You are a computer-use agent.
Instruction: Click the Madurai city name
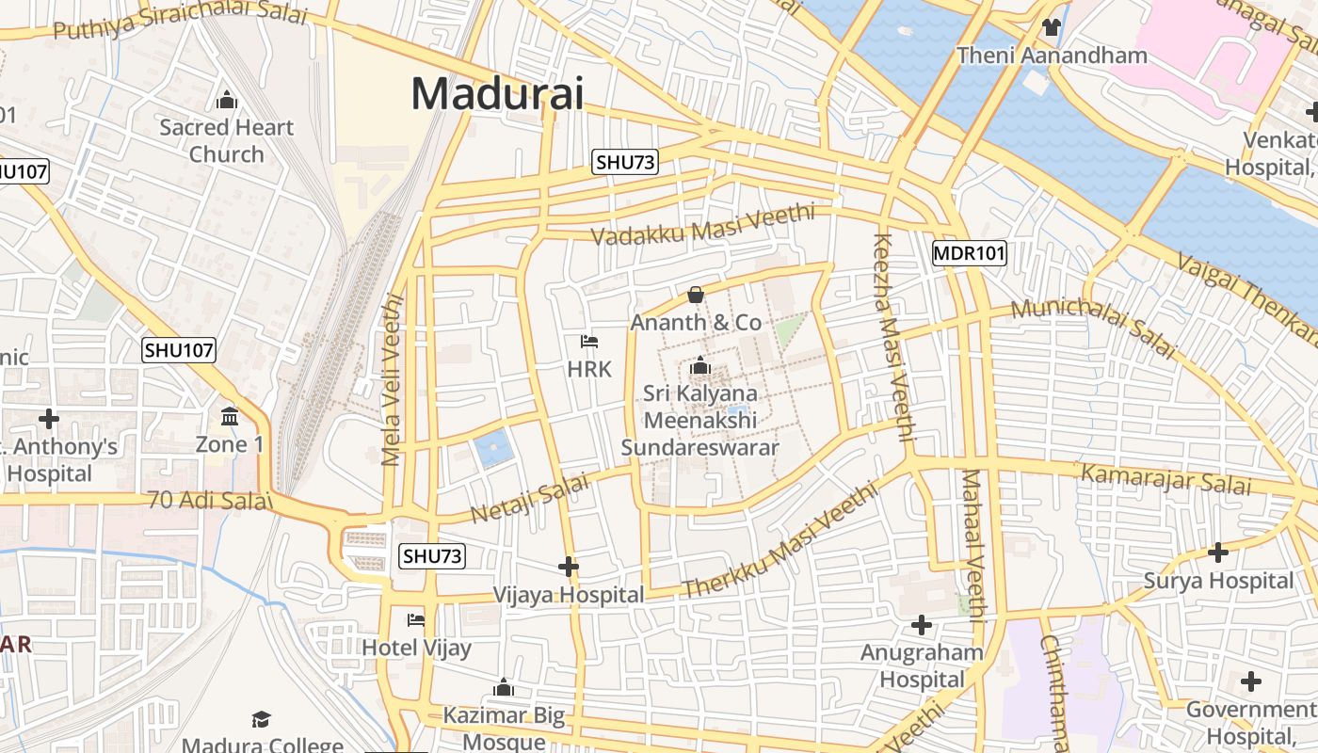pyautogui.click(x=497, y=94)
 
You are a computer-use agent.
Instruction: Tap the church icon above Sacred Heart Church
pyautogui.click(x=226, y=100)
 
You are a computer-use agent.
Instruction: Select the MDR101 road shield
pyautogui.click(x=970, y=252)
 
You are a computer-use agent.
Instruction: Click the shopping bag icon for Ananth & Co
pyautogui.click(x=696, y=296)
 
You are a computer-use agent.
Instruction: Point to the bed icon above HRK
pyautogui.click(x=589, y=341)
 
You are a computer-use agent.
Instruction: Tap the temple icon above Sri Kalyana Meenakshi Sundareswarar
pyautogui.click(x=700, y=366)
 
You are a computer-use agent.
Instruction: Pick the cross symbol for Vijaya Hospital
pyautogui.click(x=569, y=567)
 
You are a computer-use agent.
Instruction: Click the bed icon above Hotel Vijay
pyautogui.click(x=416, y=619)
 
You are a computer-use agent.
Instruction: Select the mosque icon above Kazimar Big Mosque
pyautogui.click(x=504, y=688)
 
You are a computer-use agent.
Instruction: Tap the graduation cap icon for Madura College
pyautogui.click(x=262, y=720)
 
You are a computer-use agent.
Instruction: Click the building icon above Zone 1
pyautogui.click(x=230, y=416)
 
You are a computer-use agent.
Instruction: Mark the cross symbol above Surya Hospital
pyautogui.click(x=1218, y=553)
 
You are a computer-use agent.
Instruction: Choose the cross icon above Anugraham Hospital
pyautogui.click(x=922, y=625)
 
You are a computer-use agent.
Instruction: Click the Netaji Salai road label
pyautogui.click(x=529, y=499)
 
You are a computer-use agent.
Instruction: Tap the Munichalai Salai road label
pyautogui.click(x=1094, y=328)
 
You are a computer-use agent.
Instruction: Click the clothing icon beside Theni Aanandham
pyautogui.click(x=1051, y=27)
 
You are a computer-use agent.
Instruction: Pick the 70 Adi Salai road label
pyautogui.click(x=209, y=501)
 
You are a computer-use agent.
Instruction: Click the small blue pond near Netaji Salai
pyautogui.click(x=494, y=449)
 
